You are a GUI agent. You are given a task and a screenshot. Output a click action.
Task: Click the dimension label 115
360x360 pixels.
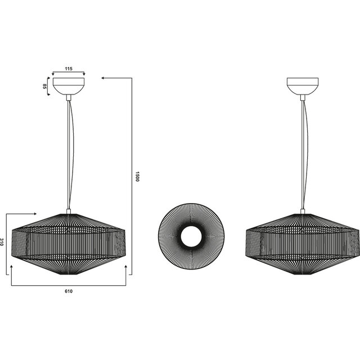(x=68, y=69)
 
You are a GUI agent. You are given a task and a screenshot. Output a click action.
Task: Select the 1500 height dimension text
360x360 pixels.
(x=137, y=177)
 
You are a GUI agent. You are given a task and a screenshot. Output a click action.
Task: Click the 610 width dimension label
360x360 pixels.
(x=68, y=291)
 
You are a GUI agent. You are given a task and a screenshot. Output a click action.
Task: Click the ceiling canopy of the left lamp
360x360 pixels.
(x=68, y=85)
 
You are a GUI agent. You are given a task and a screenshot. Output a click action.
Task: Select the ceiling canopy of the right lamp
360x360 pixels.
(x=302, y=85)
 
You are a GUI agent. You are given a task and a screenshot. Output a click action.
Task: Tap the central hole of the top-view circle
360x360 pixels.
(x=191, y=236)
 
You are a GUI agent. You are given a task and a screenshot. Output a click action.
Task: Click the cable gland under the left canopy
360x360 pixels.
(x=68, y=97)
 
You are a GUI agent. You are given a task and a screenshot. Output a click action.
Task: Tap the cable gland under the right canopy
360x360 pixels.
(x=303, y=97)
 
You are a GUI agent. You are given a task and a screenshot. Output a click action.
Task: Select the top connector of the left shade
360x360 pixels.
(x=68, y=212)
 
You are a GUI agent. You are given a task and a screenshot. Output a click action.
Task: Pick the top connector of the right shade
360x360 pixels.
(x=303, y=212)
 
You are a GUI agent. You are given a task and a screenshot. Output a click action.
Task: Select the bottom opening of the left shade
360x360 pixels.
(x=68, y=273)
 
